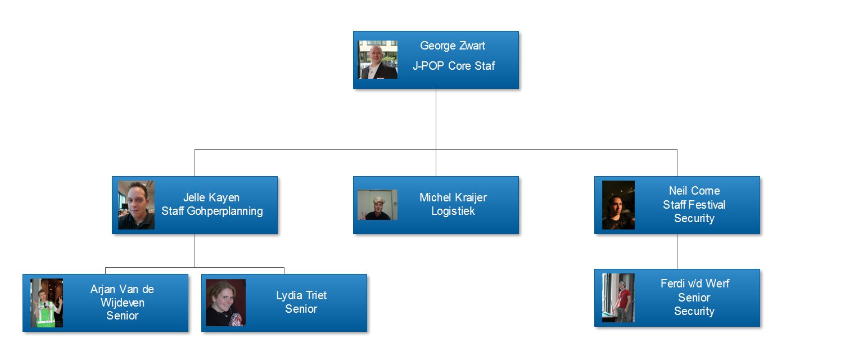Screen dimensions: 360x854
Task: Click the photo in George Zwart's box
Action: tap(378, 59)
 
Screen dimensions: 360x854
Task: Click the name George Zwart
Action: tap(453, 46)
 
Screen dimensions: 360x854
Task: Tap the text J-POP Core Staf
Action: tap(453, 66)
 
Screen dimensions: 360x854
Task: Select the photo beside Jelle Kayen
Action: tap(136, 205)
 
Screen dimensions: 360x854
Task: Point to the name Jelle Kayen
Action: tap(211, 197)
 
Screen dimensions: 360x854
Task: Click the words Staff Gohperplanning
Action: tap(212, 211)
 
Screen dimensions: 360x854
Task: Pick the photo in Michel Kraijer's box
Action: tap(377, 205)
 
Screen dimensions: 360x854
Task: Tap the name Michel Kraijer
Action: tap(453, 197)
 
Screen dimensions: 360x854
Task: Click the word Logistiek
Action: tap(453, 211)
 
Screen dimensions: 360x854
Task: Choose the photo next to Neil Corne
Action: tap(618, 205)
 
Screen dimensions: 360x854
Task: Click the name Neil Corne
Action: tap(694, 191)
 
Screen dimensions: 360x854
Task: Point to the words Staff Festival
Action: tap(694, 205)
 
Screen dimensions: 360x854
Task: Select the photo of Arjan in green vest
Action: tap(47, 303)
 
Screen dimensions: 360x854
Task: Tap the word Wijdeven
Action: tap(122, 303)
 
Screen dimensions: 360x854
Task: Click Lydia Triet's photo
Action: tap(225, 303)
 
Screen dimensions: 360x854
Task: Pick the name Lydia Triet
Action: tap(301, 295)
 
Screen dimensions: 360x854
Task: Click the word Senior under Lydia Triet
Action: tap(301, 309)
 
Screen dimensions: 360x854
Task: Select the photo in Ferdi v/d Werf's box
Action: tap(618, 298)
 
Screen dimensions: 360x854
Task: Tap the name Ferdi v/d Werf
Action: tap(694, 283)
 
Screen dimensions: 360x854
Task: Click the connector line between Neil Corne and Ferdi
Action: tap(677, 251)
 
